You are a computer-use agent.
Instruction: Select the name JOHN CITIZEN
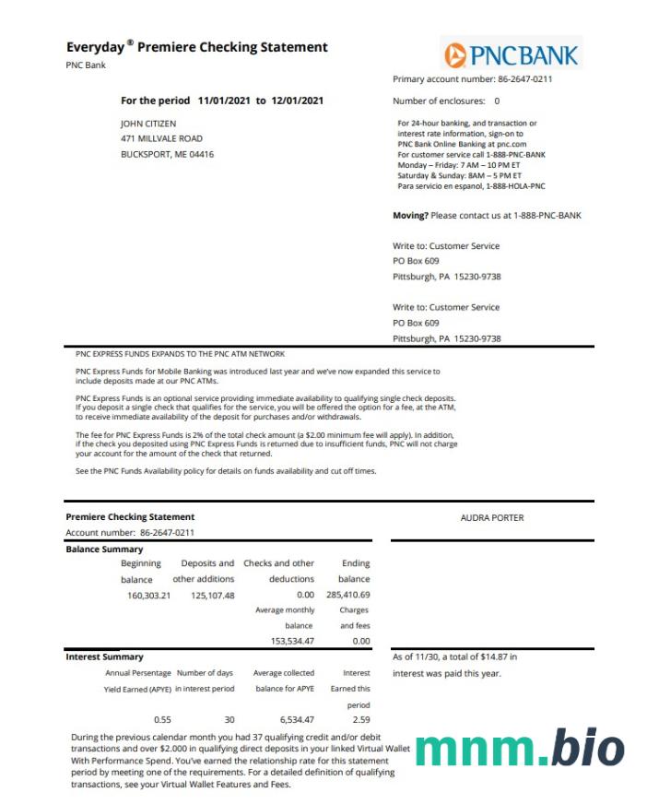(x=148, y=123)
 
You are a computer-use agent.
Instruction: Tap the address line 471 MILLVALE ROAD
(x=162, y=138)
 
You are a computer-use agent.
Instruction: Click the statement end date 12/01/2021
(x=297, y=100)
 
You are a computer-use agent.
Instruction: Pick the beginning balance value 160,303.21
(x=148, y=595)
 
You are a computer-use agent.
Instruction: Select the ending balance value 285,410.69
(x=347, y=595)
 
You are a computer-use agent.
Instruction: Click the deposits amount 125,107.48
(x=213, y=595)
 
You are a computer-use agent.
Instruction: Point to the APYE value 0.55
(x=162, y=719)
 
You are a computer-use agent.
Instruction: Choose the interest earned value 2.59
(x=360, y=719)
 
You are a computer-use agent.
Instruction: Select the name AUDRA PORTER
(x=492, y=518)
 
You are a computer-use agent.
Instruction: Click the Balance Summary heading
(x=104, y=550)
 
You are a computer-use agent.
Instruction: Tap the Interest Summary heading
(x=104, y=656)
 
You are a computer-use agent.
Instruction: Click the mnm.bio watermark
(x=519, y=748)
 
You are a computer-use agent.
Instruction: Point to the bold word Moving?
(x=410, y=216)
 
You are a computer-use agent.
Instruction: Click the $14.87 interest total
(x=485, y=657)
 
